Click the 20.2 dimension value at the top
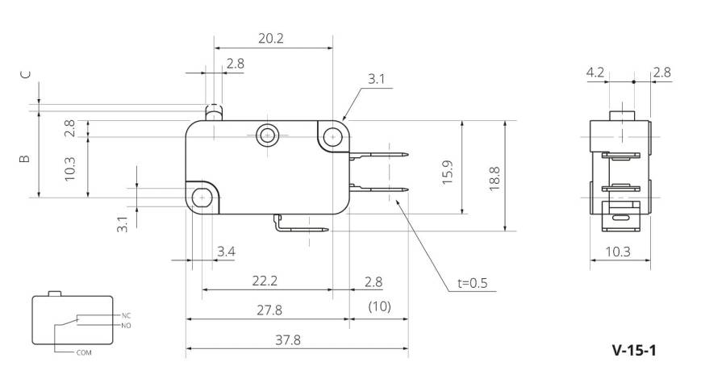point(271,38)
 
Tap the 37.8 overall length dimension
point(288,340)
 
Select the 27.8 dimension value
point(269,310)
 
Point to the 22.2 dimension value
point(265,281)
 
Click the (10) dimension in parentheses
point(380,306)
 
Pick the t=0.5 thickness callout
point(473,283)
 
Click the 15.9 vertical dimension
point(448,173)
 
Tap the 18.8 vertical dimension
point(494,178)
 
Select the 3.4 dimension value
point(227,252)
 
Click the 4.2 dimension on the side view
point(595,73)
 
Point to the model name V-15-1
point(634,350)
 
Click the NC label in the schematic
point(127,316)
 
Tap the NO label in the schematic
point(127,326)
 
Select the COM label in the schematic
point(84,353)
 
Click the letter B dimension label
point(25,159)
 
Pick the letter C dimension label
point(26,74)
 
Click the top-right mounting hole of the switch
point(332,136)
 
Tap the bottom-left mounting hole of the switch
point(202,198)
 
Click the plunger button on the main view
point(214,112)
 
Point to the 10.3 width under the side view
point(618,252)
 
